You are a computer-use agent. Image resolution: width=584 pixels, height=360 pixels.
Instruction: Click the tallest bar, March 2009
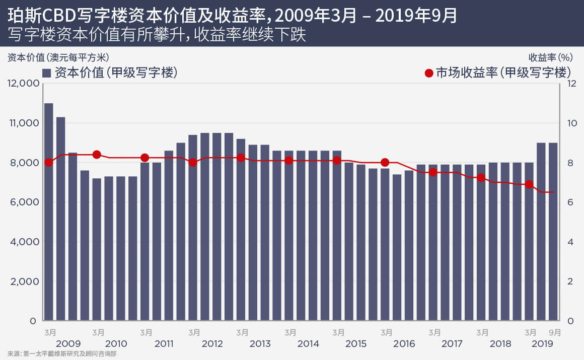(49, 211)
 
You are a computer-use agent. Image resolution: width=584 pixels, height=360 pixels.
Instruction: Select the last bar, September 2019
(553, 232)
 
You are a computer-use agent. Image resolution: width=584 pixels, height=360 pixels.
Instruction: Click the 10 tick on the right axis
(572, 123)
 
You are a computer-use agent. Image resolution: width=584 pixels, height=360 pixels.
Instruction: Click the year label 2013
(260, 344)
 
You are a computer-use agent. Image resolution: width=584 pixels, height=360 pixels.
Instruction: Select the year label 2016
(404, 344)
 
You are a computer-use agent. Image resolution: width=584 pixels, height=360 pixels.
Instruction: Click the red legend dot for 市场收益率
(429, 73)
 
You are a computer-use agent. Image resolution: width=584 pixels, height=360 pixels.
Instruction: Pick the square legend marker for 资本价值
(47, 73)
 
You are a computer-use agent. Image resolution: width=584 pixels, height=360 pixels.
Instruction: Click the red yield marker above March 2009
(49, 162)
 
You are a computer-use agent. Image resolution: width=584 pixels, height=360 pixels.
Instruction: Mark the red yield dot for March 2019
(529, 185)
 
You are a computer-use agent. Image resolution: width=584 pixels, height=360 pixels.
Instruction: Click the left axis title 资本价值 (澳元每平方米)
(58, 57)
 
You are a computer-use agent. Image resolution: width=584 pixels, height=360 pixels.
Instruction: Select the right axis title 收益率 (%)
(552, 57)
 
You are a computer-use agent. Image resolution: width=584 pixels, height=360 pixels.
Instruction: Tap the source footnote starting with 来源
(62, 354)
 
